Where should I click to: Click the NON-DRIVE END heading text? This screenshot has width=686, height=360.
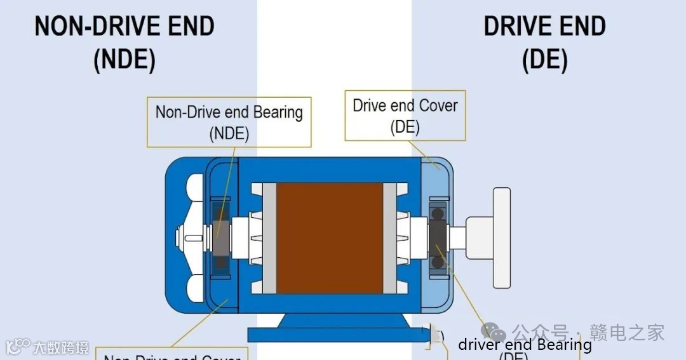click(x=124, y=27)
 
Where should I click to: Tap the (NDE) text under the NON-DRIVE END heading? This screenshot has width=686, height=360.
click(x=124, y=60)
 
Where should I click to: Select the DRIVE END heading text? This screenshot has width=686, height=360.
click(x=544, y=27)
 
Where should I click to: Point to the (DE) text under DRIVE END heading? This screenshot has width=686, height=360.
click(x=544, y=60)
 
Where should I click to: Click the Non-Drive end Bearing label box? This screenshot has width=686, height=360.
click(x=229, y=122)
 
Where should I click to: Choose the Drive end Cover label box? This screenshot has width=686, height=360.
click(x=405, y=115)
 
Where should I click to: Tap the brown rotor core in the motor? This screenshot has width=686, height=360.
click(x=330, y=238)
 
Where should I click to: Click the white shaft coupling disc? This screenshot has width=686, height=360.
click(x=501, y=237)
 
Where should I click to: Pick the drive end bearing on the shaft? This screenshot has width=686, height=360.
click(x=437, y=237)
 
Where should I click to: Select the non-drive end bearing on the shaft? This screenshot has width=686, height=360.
click(x=221, y=238)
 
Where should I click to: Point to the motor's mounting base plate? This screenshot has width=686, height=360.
click(x=330, y=334)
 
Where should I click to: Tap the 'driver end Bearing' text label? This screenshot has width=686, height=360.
click(x=525, y=345)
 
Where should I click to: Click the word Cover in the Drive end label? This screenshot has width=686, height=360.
click(x=438, y=105)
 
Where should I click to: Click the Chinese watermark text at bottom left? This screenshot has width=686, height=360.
click(x=61, y=347)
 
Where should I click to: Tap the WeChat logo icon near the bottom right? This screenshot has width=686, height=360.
click(x=494, y=331)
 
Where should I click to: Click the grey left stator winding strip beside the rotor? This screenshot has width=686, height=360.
click(x=269, y=238)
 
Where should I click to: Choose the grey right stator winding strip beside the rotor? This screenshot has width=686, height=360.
click(x=391, y=238)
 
